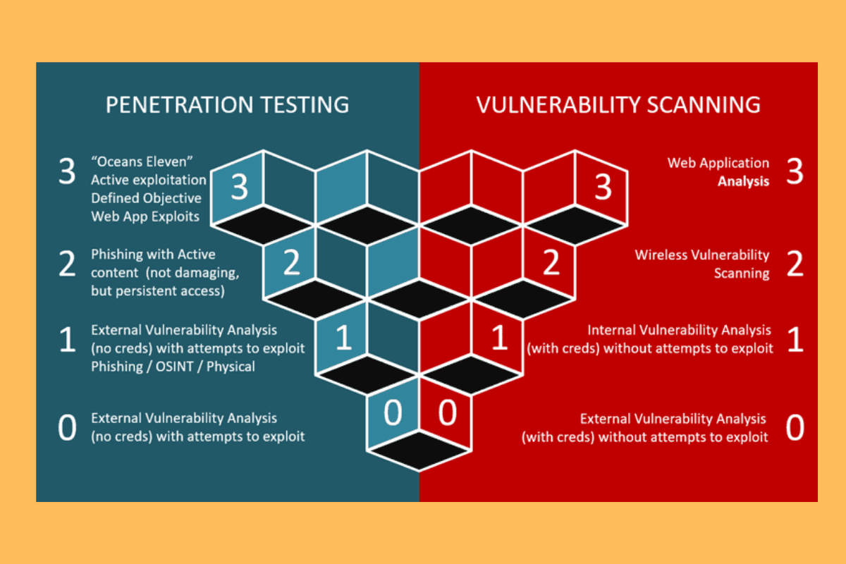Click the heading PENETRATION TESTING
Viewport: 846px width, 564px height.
coord(227,104)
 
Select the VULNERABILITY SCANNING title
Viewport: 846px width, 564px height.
coord(618,104)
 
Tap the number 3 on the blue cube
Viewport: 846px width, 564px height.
coord(239,187)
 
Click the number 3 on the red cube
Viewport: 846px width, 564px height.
coord(603,187)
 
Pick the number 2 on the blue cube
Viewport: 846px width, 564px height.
coord(291,262)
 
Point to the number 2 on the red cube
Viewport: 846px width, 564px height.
coord(551,262)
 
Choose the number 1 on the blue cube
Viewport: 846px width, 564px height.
coord(344,336)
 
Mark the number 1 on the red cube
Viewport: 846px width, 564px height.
coord(499,336)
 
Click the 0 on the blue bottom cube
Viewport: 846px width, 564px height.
coord(393,412)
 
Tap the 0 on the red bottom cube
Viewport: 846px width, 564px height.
coord(447,412)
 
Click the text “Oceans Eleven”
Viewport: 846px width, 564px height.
coord(142,161)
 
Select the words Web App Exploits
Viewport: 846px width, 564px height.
coord(145,216)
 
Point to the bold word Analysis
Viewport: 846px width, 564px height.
coord(743,182)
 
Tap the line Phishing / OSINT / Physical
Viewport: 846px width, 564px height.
coord(173,367)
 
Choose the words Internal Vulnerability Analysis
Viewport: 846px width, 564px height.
coord(679,330)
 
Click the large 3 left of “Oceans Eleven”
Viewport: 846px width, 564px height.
coord(67,171)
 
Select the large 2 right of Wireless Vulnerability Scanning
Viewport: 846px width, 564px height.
coord(795,264)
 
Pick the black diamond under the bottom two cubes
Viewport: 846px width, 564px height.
coord(419,450)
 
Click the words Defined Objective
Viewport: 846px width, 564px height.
coord(146,198)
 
